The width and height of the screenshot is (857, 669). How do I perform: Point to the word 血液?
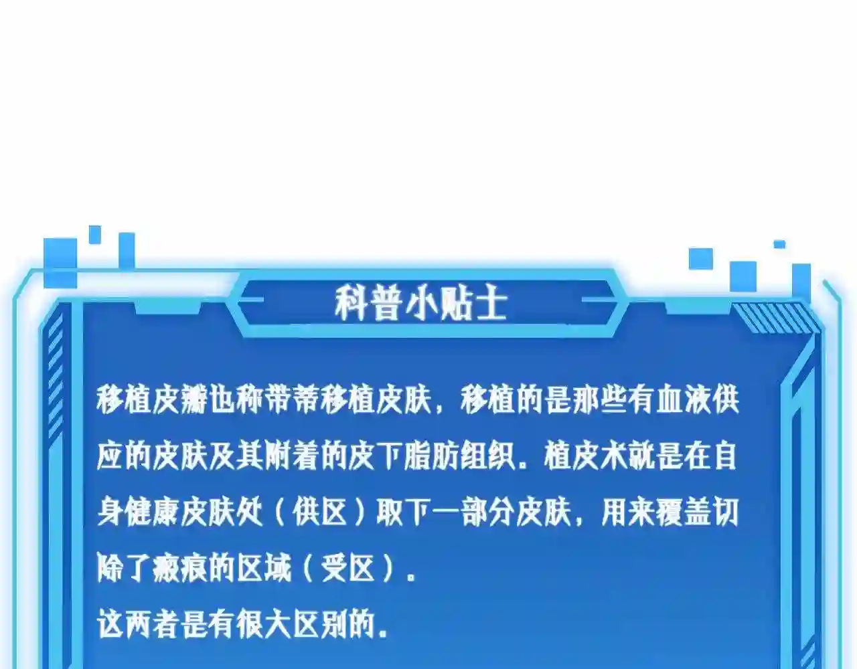point(684,400)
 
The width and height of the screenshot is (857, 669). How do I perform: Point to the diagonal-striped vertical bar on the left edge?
point(55,378)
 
